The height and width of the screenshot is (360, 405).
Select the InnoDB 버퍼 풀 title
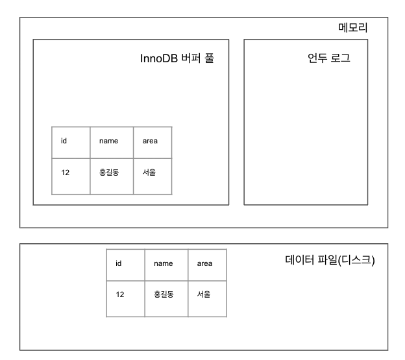177,58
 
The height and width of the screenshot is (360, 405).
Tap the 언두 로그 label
328,58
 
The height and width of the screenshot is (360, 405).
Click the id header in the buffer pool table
64,141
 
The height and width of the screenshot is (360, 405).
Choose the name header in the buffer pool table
108,141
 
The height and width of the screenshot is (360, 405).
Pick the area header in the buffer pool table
150,141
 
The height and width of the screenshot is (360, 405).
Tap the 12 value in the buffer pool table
65,173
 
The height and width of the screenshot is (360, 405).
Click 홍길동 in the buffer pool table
108,173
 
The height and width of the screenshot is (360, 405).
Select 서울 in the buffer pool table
149,173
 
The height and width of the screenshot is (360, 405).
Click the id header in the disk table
119,263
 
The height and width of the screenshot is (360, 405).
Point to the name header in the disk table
163,263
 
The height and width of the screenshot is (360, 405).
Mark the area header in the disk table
204,263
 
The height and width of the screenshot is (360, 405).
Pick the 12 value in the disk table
120,294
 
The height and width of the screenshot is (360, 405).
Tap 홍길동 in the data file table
164,294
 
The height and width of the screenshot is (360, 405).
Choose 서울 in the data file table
204,294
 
